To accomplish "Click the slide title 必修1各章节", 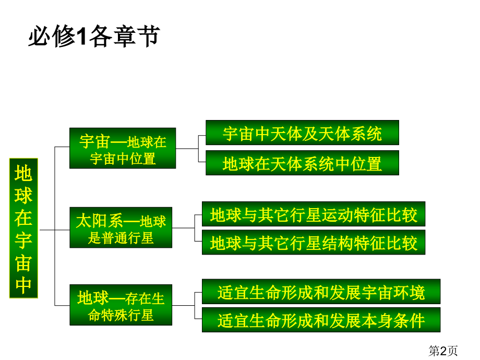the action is point(94,36).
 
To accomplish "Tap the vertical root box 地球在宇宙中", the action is point(23,228).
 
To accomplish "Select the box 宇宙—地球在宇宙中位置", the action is point(123,148).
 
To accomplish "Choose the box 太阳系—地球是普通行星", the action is point(121,227).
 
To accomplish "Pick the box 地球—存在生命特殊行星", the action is point(121,305).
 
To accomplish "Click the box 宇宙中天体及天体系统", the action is point(302,133).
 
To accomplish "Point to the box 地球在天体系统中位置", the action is point(302,163).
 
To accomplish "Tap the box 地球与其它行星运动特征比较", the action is point(314,214).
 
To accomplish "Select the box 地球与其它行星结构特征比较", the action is point(314,242).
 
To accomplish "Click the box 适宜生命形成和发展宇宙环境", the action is point(321,292).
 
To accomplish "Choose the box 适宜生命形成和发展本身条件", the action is point(321,320).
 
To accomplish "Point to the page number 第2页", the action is point(443,351).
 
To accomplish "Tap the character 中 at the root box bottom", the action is point(23,285).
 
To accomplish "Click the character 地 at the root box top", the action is point(23,173).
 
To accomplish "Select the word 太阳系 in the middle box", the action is point(100,221).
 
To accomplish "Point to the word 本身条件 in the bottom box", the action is point(393,320).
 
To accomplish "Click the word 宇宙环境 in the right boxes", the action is point(393,292).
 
